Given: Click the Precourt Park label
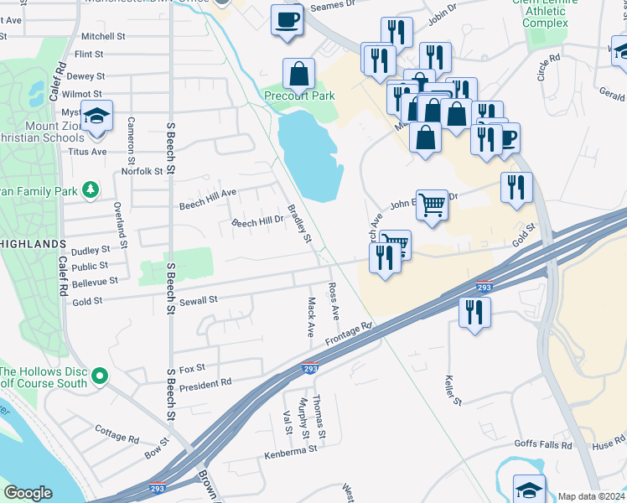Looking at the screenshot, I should point(299,96).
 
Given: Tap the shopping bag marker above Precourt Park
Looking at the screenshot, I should point(299,75).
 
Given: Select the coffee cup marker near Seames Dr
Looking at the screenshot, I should point(287,20).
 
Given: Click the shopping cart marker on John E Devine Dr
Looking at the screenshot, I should point(432,203).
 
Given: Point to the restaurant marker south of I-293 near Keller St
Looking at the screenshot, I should point(474,313).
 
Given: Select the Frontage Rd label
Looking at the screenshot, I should point(348,333).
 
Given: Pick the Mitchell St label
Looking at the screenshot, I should point(103,37).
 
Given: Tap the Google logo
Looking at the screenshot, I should point(28,493).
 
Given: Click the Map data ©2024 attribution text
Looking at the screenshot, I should point(591,496).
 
